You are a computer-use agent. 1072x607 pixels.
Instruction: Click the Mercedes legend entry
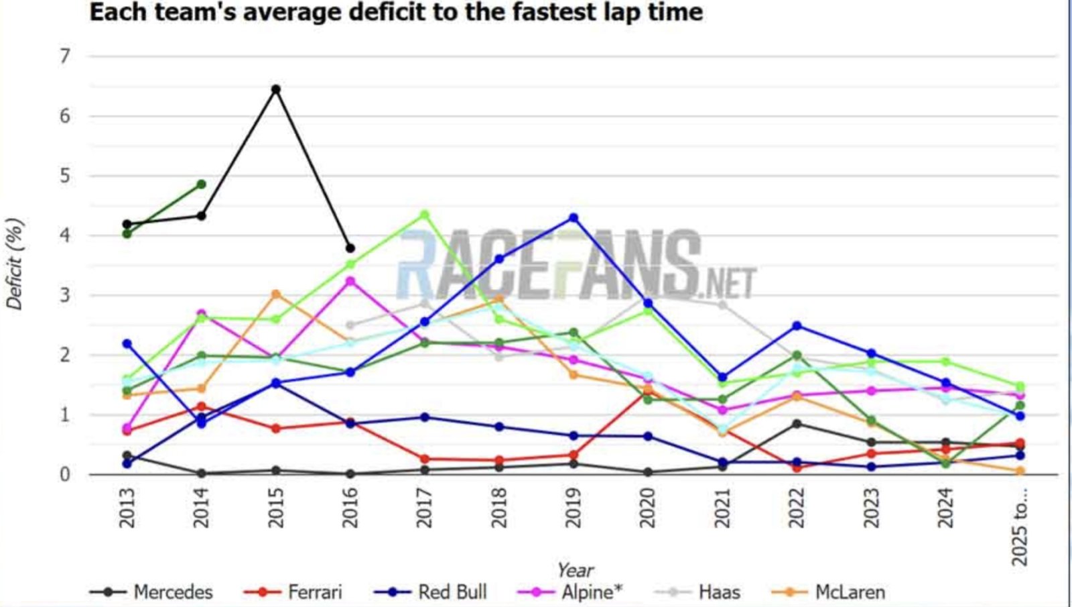point(173,592)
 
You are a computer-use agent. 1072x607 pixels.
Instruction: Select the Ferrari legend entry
point(314,592)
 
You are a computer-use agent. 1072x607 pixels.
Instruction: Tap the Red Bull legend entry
point(452,592)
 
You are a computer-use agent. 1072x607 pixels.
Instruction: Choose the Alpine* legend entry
point(592,592)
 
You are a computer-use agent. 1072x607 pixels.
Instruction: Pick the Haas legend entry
point(719,592)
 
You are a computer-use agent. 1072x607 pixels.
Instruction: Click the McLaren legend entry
point(850,592)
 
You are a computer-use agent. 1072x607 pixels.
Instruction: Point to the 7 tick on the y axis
point(65,56)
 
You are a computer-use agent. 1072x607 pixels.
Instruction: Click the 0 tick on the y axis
point(65,475)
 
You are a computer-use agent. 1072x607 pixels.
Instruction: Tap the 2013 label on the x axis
point(127,508)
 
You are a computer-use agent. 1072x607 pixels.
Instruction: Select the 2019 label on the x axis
point(574,508)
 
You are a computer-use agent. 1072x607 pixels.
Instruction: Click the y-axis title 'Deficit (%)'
point(15,264)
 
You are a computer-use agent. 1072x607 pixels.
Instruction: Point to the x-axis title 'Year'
point(575,569)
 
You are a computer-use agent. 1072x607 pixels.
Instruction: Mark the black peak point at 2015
point(275,89)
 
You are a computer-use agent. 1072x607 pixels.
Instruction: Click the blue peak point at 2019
point(574,218)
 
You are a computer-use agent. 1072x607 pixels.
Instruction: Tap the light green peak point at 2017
point(424,215)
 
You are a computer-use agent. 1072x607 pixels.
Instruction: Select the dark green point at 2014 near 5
point(201,184)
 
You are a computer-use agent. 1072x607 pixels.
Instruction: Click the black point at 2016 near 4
point(350,248)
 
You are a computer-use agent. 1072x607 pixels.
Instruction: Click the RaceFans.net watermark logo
point(576,265)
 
